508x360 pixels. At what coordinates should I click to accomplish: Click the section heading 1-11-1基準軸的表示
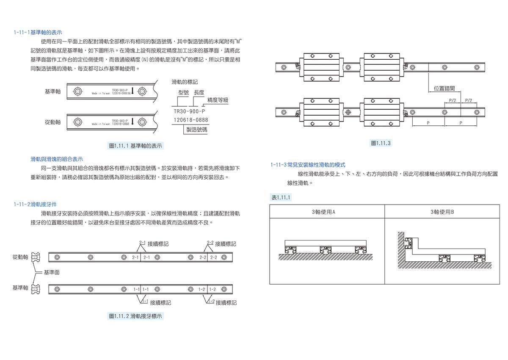click(38, 32)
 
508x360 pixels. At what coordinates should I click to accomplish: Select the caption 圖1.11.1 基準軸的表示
click(135, 146)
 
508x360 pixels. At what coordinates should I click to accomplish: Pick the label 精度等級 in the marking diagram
click(218, 100)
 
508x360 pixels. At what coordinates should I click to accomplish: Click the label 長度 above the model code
click(199, 92)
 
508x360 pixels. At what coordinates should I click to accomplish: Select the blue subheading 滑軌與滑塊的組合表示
click(57, 159)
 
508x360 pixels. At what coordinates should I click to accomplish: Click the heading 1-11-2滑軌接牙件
click(40, 204)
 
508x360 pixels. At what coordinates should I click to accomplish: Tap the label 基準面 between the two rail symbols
click(51, 272)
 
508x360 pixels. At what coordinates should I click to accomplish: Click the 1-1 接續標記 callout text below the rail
click(160, 303)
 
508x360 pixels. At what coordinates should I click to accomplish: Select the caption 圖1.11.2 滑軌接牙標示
click(135, 316)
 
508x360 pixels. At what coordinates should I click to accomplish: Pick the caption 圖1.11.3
click(380, 143)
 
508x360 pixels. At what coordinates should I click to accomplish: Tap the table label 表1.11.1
click(280, 197)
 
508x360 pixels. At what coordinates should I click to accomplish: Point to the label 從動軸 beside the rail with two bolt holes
click(52, 122)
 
